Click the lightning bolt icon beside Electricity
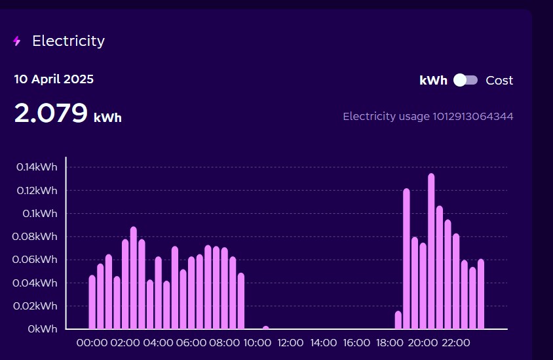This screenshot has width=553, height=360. [x=17, y=41]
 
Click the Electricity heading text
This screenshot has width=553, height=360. [x=68, y=41]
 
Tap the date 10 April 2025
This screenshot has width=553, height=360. [x=54, y=79]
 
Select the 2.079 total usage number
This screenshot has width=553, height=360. [x=51, y=113]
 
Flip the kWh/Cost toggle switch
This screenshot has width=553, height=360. [x=466, y=80]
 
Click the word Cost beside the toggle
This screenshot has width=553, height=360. [x=499, y=81]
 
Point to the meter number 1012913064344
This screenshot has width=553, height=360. [x=472, y=117]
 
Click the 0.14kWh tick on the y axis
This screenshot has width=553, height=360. [x=37, y=167]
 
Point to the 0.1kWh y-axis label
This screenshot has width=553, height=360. [x=40, y=214]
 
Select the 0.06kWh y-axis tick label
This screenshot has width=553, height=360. [x=37, y=260]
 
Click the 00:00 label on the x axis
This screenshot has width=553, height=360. [x=92, y=343]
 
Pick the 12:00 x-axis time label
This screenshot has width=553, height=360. [x=290, y=343]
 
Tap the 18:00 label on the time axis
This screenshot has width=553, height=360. [x=390, y=343]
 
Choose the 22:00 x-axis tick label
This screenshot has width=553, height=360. [x=456, y=343]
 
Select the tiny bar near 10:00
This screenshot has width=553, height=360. [x=265, y=327]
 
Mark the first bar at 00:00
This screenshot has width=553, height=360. [x=92, y=302]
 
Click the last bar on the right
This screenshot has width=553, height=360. [x=481, y=294]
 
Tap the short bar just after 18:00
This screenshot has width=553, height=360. [x=398, y=320]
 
